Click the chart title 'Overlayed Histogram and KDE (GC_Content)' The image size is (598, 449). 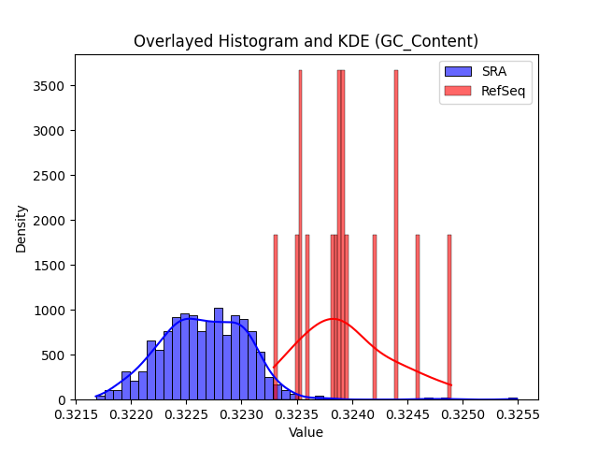[306, 41]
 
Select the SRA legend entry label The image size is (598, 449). [494, 71]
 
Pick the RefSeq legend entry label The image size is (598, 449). [503, 91]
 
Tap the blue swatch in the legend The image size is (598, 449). [458, 71]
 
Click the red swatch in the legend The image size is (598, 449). [458, 91]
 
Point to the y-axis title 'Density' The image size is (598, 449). [21, 229]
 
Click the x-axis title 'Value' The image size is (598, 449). [306, 432]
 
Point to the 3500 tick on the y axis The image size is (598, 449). [49, 86]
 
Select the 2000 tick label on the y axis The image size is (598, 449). [49, 221]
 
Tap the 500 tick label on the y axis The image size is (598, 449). [53, 355]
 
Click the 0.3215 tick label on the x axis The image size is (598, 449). [76, 414]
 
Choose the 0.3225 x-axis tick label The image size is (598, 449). [187, 414]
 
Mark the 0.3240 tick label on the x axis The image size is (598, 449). [352, 414]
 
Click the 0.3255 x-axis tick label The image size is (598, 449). [518, 414]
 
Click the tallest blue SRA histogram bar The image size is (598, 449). [219, 354]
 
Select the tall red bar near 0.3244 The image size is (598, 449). [396, 235]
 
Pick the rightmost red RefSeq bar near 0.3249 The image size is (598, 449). [449, 318]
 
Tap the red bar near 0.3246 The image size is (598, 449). [418, 318]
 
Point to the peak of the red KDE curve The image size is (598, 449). [333, 318]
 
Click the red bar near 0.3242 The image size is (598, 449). [375, 318]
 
